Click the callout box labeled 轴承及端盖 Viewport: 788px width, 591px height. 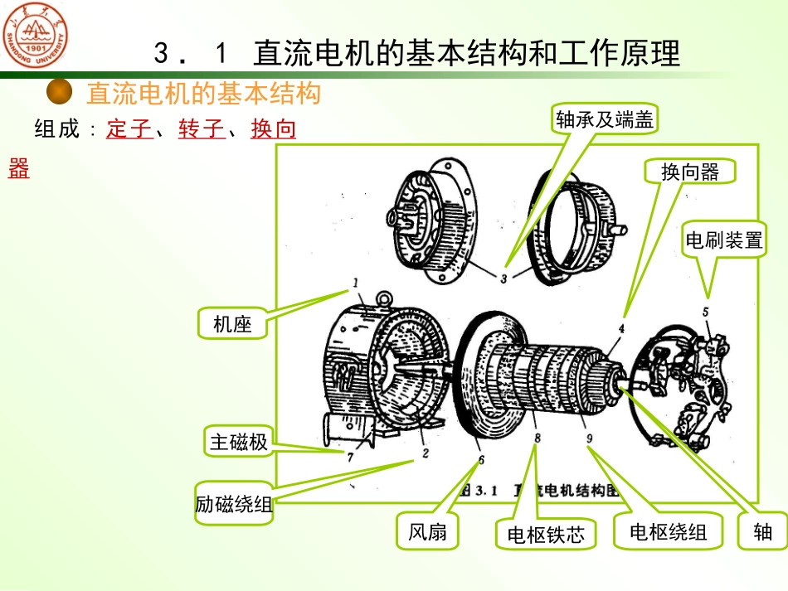tap(605, 120)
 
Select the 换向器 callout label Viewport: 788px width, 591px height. tap(689, 171)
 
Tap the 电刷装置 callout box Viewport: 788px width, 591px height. tap(722, 240)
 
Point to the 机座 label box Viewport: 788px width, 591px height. tap(232, 323)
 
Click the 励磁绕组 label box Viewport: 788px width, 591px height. tap(234, 503)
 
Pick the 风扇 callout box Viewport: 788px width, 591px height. tap(427, 531)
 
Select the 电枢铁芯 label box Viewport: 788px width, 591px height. tap(546, 535)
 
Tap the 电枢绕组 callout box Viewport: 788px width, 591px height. tap(668, 531)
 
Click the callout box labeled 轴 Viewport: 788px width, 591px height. tap(762, 531)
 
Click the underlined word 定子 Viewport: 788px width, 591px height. tap(129, 130)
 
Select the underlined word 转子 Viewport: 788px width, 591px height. tap(202, 130)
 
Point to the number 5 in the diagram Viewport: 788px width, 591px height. tap(706, 312)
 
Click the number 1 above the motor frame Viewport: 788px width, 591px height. tap(355, 283)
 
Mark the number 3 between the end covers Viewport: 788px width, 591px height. tap(503, 279)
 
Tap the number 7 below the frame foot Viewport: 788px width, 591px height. tap(350, 456)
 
